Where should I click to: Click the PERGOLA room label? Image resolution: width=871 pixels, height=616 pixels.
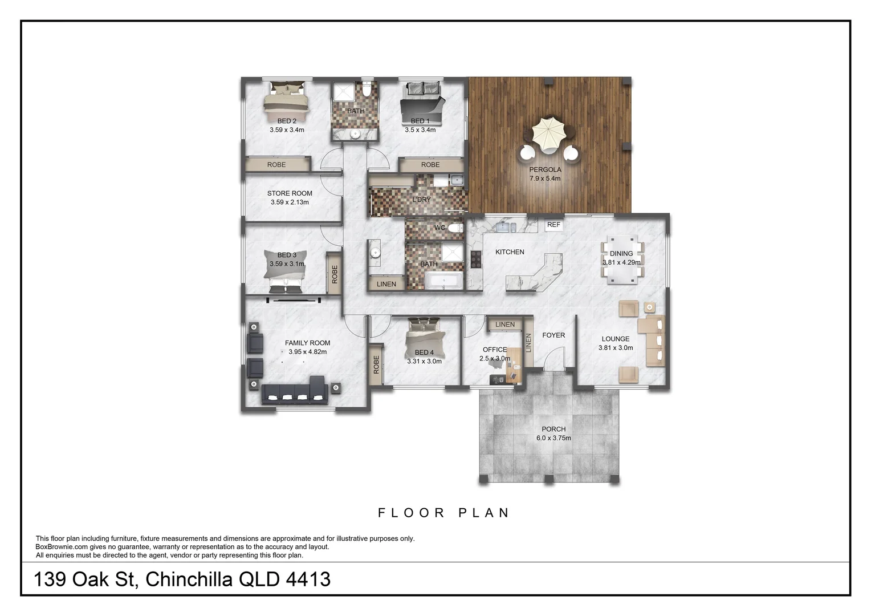click(545, 169)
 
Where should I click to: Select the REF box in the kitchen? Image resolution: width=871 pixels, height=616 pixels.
click(553, 225)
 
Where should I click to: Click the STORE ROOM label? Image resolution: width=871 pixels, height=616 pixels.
click(290, 193)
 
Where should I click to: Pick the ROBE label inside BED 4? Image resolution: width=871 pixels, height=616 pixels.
click(376, 364)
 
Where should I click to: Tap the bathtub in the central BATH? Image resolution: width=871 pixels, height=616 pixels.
click(444, 281)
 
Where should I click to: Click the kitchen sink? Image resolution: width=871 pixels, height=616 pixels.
click(503, 227)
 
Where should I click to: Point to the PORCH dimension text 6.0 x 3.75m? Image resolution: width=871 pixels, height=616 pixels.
click(553, 438)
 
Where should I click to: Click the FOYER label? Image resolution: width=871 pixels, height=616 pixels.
click(553, 335)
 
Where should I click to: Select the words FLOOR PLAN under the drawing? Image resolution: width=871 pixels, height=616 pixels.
click(443, 513)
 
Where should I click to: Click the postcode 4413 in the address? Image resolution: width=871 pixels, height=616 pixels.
click(308, 579)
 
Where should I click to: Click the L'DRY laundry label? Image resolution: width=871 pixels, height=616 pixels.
click(422, 200)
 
